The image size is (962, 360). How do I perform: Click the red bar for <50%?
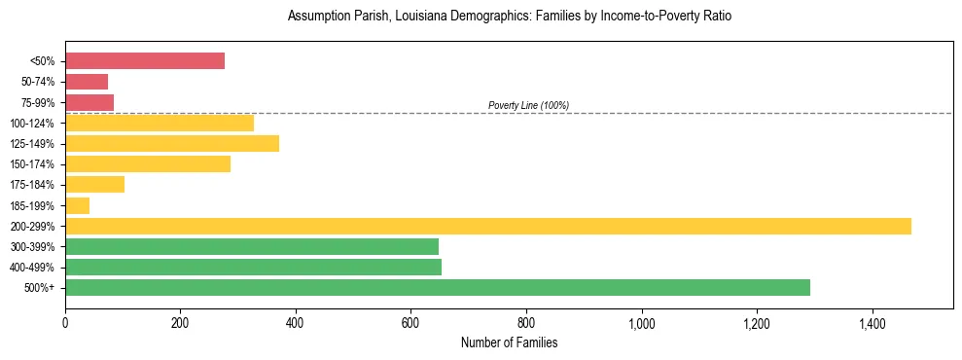145,61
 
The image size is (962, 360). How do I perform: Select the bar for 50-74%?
87,82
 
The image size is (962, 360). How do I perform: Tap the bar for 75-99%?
89,102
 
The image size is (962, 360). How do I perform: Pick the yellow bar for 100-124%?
160,123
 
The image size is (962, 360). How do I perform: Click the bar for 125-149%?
172,144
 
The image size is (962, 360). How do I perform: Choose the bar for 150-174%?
148,164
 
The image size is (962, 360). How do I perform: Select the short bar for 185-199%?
77,205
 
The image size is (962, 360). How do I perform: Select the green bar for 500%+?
438,287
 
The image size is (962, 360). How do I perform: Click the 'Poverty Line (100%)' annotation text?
528,105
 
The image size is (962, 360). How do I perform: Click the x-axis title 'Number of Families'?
509,342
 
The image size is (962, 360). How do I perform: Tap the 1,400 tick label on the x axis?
872,323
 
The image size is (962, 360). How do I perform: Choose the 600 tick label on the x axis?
410,323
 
